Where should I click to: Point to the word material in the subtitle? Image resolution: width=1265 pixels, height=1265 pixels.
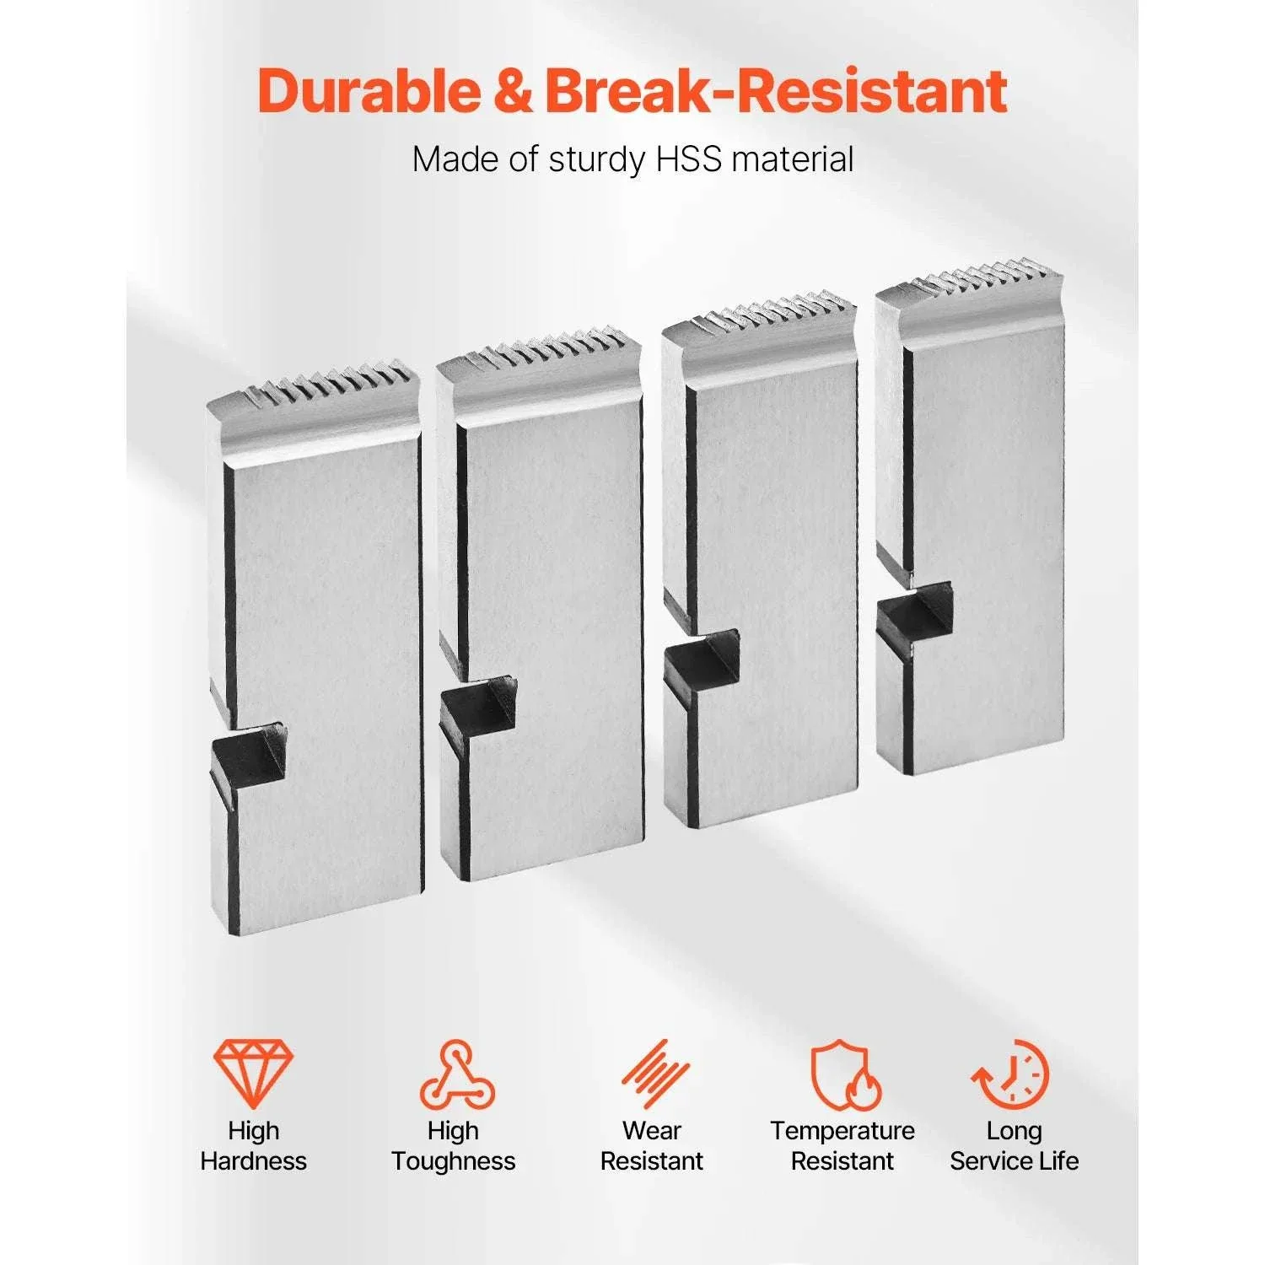tap(793, 159)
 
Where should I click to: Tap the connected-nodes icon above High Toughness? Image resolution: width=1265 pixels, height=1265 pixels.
tap(457, 1074)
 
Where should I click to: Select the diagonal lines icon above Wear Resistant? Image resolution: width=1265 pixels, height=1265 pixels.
tap(655, 1074)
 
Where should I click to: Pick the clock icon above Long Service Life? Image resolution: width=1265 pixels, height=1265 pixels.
tap(1011, 1074)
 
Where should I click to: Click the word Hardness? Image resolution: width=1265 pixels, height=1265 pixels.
tap(254, 1161)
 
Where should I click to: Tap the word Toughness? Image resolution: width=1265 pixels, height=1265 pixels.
tap(454, 1162)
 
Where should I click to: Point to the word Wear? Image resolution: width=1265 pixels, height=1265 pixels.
tap(652, 1131)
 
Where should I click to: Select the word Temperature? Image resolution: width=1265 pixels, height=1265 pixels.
tap(842, 1132)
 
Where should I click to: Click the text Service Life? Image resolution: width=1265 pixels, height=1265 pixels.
tap(1015, 1161)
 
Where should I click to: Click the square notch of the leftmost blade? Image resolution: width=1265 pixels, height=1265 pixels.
tap(247, 756)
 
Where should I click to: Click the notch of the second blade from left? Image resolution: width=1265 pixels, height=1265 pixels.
tap(478, 705)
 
